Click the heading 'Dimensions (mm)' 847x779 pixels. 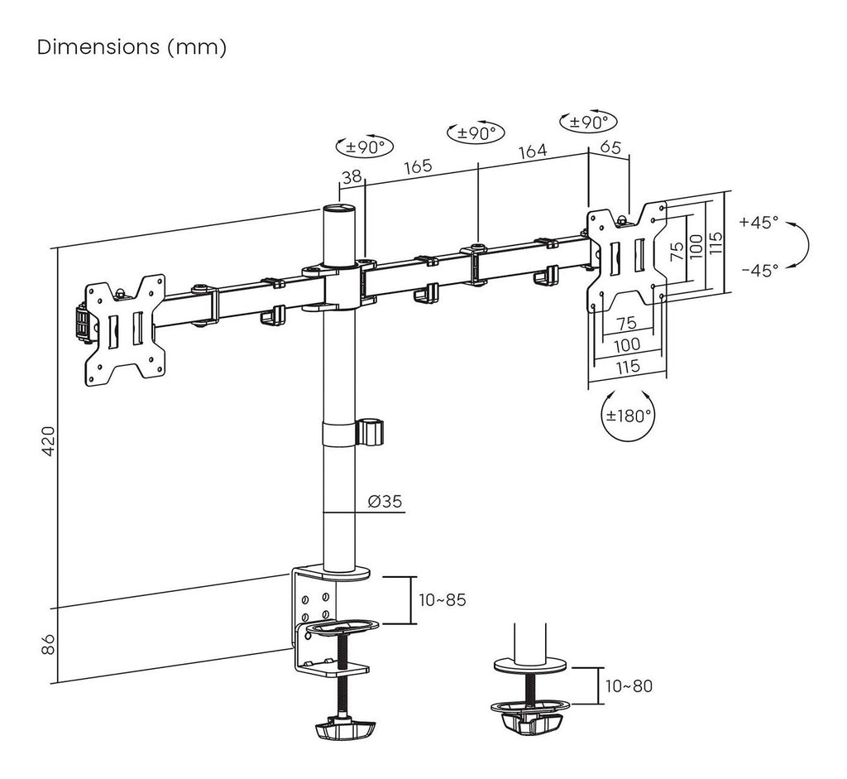[132, 47]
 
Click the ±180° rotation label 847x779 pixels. [629, 415]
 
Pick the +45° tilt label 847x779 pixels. [759, 222]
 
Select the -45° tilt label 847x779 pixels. [759, 270]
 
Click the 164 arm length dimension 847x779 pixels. [533, 152]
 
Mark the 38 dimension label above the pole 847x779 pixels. [352, 176]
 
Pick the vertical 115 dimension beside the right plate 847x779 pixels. [715, 242]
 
